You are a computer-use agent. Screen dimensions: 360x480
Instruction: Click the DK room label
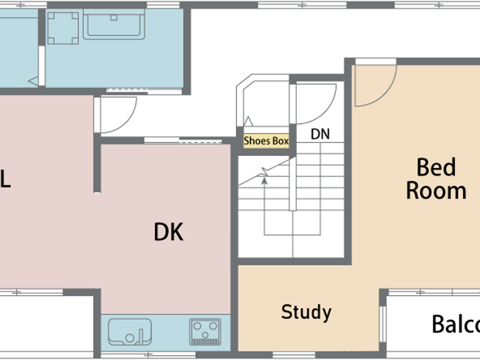[x=168, y=232]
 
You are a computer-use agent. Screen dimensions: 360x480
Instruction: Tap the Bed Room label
[x=436, y=179]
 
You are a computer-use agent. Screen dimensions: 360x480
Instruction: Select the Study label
[x=306, y=312]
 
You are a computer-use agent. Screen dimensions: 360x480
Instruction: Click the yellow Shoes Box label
[x=266, y=141]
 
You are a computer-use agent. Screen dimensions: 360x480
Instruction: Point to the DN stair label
[x=320, y=134]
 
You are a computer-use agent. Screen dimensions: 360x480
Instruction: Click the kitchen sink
[x=130, y=332]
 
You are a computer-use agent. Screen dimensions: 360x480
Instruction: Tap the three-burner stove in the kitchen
[x=205, y=332]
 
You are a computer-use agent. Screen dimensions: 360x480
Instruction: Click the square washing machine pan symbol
[x=63, y=28]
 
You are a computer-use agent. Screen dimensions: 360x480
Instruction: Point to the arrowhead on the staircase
[x=264, y=180]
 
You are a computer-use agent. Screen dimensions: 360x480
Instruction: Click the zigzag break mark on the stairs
[x=264, y=171]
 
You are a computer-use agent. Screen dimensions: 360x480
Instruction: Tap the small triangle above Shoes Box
[x=248, y=121]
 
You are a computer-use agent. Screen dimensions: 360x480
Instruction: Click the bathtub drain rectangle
[x=114, y=18]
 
